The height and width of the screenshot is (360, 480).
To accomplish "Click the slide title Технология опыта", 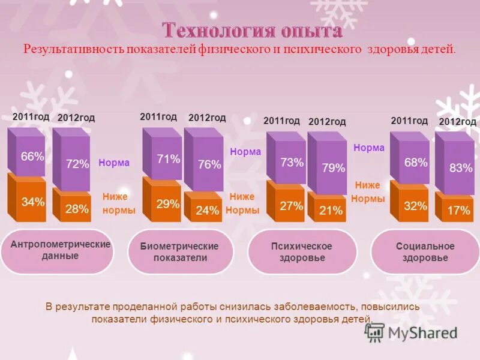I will point(253,31).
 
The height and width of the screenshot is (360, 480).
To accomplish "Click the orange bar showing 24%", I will point(206,209).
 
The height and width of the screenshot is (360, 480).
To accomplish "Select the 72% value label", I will point(77,163).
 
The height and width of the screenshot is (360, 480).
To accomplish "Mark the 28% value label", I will point(77,209).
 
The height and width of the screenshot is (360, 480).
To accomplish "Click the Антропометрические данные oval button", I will point(61,250).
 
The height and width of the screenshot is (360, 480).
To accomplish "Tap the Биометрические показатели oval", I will point(179,252).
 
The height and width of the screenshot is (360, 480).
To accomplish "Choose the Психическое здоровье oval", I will point(301,252).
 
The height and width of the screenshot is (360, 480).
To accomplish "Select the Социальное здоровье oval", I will point(425,252).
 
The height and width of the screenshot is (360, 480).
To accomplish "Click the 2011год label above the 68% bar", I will point(409,121).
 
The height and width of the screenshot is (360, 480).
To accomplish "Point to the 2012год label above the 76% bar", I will point(207,118).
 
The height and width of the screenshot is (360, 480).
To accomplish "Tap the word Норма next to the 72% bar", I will point(114,163).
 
